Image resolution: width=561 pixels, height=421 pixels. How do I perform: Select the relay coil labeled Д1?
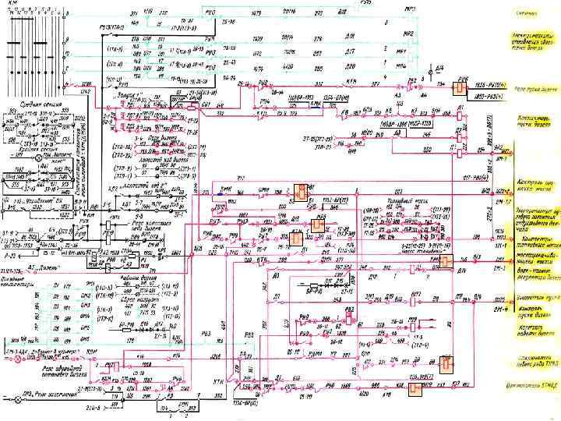pyautogui.click(x=452, y=146)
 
